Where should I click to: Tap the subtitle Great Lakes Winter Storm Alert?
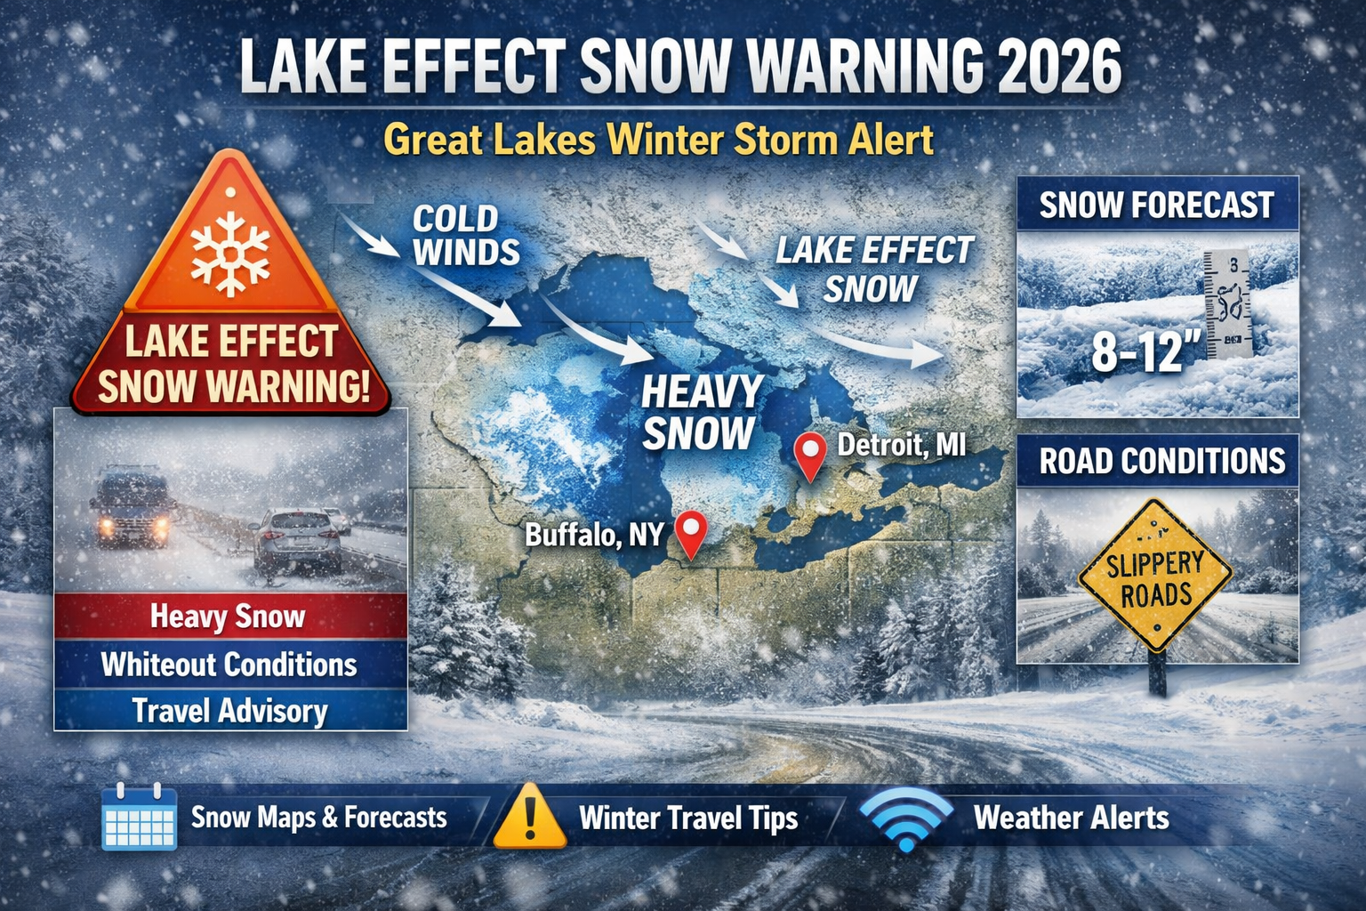pos(659,141)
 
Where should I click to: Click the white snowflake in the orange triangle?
pos(230,253)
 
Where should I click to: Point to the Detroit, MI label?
pos(901,444)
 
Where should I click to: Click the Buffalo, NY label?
pos(594,535)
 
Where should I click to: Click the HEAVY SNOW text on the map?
pos(701,413)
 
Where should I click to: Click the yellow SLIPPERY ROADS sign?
pos(1155,578)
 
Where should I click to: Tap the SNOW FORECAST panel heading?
pos(1156,206)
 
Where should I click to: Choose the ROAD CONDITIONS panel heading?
pos(1161,461)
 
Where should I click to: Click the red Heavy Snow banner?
pos(229,617)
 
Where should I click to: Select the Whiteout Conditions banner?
pos(229,665)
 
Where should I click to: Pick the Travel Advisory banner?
pos(229,711)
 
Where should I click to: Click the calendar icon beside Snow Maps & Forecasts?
pos(139,817)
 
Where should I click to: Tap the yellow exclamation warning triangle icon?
pos(529,818)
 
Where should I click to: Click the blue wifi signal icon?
pos(906,819)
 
